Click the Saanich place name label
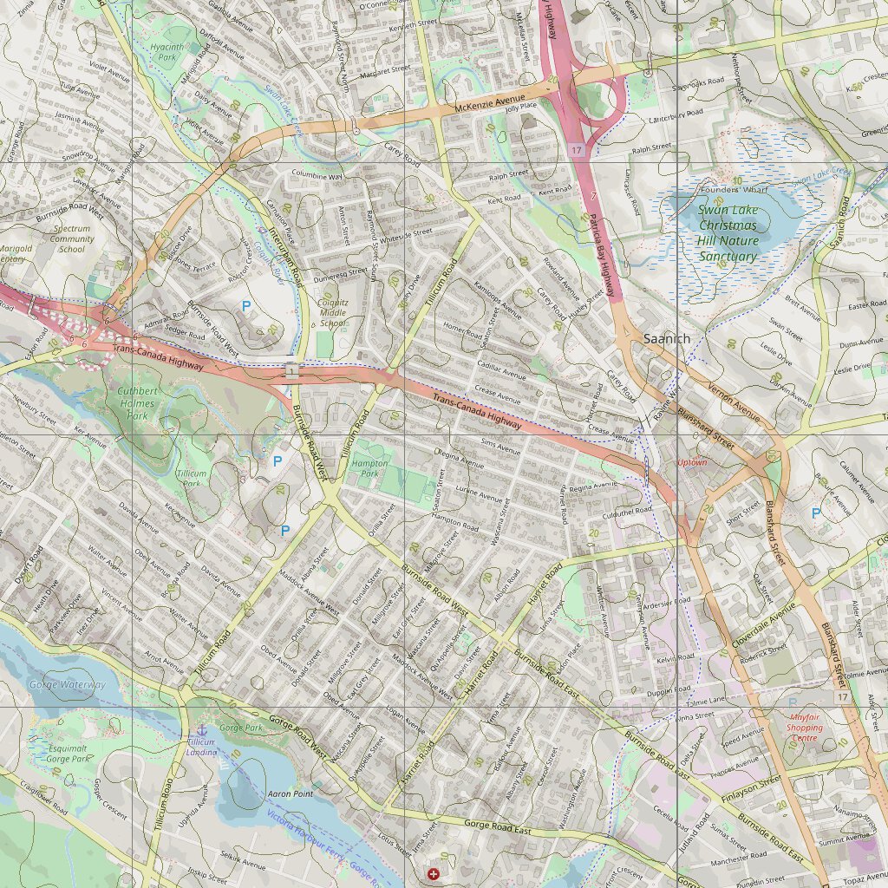click(668, 339)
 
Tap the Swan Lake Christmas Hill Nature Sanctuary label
click(728, 232)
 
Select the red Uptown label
click(692, 462)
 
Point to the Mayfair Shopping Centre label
click(804, 727)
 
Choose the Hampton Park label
click(370, 469)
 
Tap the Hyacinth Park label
click(166, 51)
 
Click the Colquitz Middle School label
click(333, 313)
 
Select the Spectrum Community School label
click(71, 238)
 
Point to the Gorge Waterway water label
click(67, 685)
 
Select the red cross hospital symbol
click(434, 873)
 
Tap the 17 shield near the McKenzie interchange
click(577, 151)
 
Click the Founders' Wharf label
click(734, 188)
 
